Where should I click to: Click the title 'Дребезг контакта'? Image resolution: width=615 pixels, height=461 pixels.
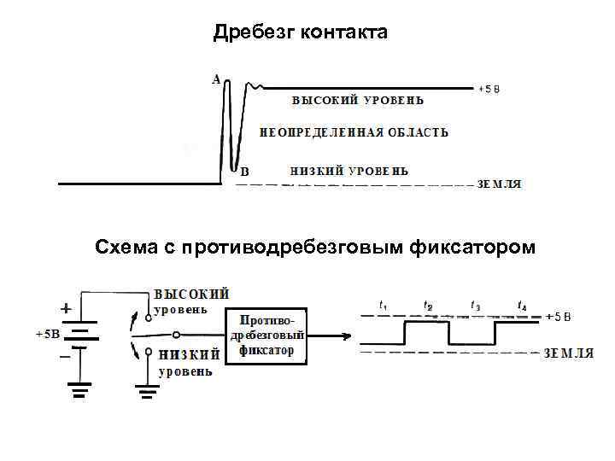(301, 32)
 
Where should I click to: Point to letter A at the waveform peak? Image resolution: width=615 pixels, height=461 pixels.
(216, 79)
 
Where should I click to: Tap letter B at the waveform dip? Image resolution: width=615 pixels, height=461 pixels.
(244, 171)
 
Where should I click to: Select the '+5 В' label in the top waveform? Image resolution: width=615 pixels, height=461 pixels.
(489, 88)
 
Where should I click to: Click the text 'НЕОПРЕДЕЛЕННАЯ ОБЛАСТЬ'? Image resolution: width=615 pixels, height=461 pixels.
(354, 132)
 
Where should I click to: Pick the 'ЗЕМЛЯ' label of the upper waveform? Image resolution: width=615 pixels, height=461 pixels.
(499, 184)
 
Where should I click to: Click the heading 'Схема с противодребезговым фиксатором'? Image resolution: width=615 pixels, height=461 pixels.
(316, 248)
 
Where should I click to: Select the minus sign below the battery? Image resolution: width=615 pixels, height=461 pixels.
(65, 358)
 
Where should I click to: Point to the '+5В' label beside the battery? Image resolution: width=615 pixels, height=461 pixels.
(48, 333)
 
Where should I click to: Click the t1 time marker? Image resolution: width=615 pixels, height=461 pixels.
(384, 305)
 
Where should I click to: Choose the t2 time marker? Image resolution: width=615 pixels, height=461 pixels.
(428, 305)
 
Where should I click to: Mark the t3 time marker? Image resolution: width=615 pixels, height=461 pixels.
(476, 305)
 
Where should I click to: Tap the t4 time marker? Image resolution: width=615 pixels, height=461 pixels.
(522, 305)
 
